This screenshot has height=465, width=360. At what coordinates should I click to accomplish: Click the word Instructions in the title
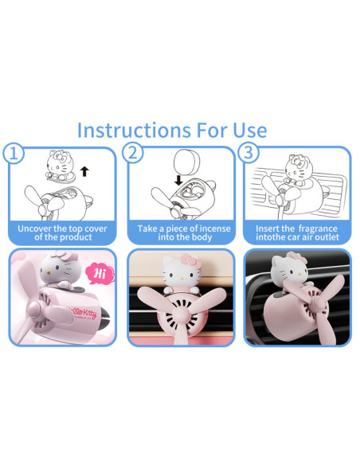(134, 131)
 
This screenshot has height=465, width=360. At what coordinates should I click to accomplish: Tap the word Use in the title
(249, 131)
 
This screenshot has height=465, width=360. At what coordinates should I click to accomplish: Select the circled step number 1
(14, 154)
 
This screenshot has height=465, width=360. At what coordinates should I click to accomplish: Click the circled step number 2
(132, 153)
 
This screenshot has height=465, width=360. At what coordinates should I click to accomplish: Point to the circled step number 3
(248, 153)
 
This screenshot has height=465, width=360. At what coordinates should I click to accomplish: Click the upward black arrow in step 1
(84, 171)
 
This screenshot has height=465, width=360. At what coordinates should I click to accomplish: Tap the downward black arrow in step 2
(178, 180)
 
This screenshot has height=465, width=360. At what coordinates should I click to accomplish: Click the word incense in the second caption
(215, 229)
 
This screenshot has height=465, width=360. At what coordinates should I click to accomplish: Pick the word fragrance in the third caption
(318, 229)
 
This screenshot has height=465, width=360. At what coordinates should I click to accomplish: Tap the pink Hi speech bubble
(100, 274)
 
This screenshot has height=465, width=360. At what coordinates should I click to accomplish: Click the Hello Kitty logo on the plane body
(83, 313)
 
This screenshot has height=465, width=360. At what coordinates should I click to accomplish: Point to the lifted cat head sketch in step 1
(61, 165)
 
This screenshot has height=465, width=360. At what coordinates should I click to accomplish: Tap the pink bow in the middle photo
(190, 260)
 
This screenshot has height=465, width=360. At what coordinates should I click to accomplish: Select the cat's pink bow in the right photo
(297, 257)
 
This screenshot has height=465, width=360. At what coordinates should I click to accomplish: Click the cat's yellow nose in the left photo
(48, 272)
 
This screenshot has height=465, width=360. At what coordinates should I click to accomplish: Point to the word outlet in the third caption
(327, 237)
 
